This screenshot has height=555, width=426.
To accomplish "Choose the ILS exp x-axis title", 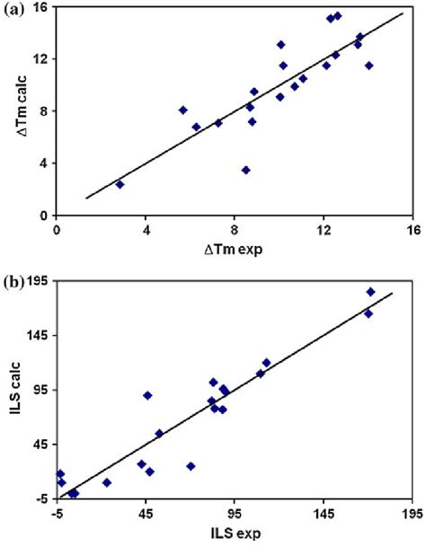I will coord(235,536).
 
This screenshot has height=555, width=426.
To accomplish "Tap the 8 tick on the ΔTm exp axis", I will coord(235,230).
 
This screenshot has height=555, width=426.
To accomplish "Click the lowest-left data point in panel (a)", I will coord(120,184).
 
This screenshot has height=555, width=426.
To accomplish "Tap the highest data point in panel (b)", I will coord(370,292).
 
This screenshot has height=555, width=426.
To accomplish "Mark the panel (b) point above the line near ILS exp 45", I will coord(147,395).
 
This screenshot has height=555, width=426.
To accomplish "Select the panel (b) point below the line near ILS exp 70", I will coord(191,466).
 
